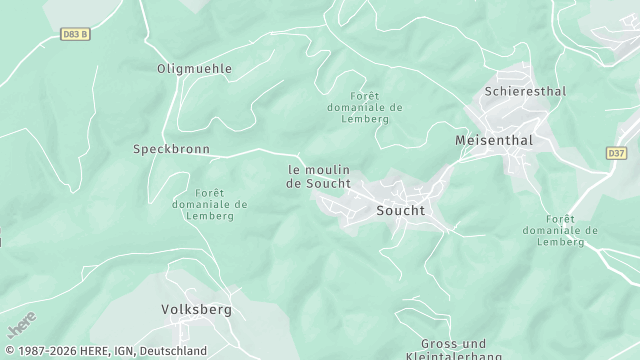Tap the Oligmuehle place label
(194, 69)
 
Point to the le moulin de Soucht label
(318, 176)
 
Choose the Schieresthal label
(525, 91)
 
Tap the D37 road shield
(616, 153)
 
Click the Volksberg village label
(196, 309)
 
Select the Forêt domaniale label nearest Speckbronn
(209, 204)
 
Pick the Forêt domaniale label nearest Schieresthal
(364, 107)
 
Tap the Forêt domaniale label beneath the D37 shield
(560, 230)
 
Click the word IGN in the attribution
(123, 351)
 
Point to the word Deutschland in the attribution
(173, 351)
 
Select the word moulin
(327, 169)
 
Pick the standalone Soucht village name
(400, 210)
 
